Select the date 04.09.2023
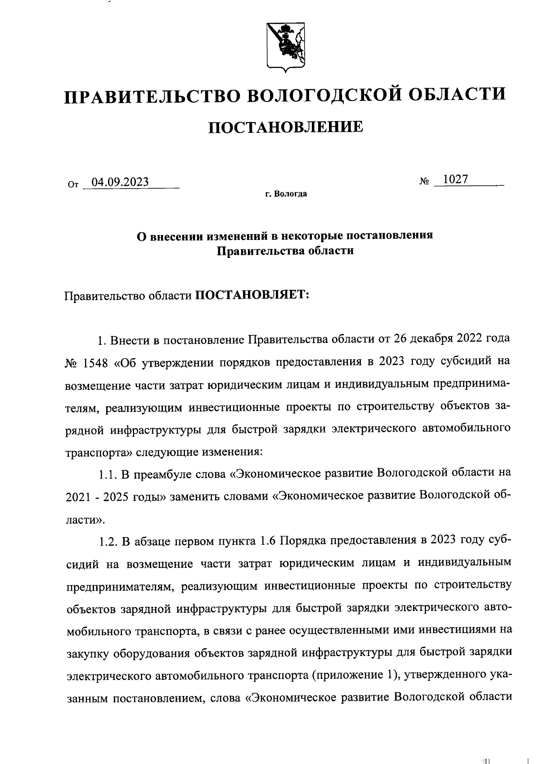tap(120, 182)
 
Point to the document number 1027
tap(455, 179)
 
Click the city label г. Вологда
tap(286, 194)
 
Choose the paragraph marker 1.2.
tap(108, 541)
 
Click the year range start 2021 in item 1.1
tap(79, 497)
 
